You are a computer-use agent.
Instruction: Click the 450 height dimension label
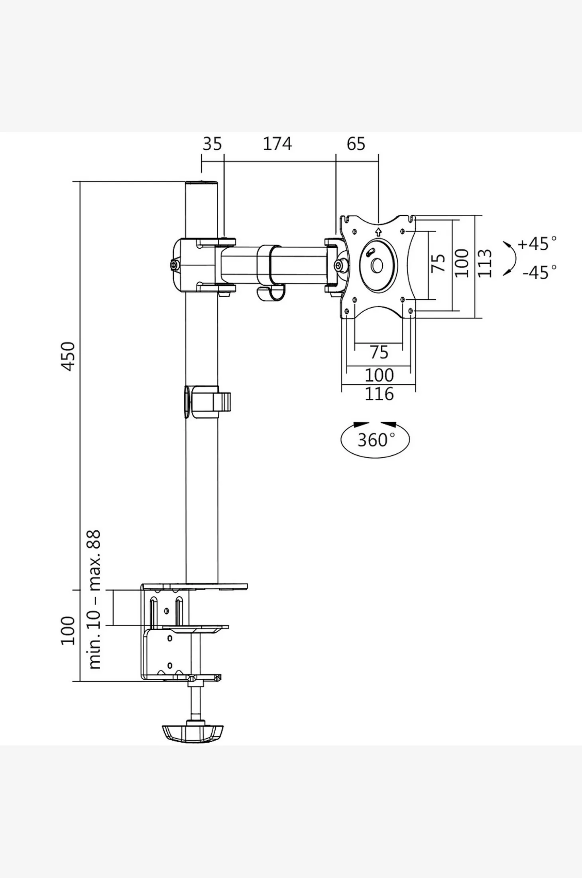(68, 356)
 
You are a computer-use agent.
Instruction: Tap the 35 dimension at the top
(212, 144)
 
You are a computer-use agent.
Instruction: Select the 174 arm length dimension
(277, 144)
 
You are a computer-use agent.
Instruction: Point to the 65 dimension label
(356, 144)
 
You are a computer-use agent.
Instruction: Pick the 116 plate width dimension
(379, 394)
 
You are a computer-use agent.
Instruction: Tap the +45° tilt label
(537, 243)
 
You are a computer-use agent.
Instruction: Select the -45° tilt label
(539, 272)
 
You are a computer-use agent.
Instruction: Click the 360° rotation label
(372, 440)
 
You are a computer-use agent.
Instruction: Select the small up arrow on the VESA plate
(378, 231)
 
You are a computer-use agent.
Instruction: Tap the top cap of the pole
(202, 183)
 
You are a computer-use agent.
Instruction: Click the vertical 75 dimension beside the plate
(438, 263)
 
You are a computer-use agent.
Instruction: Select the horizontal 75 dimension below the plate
(379, 352)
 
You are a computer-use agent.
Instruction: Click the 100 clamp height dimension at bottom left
(68, 631)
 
